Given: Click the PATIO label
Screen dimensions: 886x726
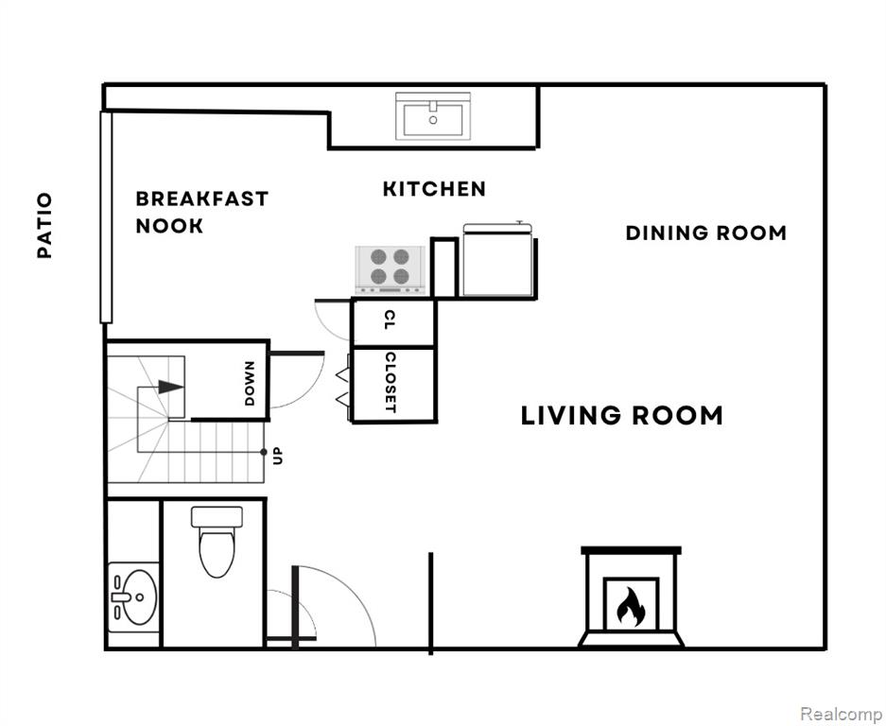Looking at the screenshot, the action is click(44, 225).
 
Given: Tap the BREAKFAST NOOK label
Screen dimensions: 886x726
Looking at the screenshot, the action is click(201, 213).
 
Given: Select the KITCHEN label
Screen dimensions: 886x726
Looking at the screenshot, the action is click(434, 189).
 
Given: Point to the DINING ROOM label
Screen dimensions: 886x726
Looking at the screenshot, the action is click(705, 233).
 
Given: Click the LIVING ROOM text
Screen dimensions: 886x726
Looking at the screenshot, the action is click(621, 416).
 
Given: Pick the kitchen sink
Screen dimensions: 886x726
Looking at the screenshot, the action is click(433, 116).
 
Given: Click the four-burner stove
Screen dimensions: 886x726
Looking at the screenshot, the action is click(390, 270).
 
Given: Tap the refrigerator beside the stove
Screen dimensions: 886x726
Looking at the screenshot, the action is click(497, 260).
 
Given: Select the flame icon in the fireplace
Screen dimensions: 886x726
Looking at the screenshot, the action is click(631, 606).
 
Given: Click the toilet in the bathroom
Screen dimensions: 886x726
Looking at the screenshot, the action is click(217, 542).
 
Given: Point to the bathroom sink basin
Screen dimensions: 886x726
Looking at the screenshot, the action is click(138, 597).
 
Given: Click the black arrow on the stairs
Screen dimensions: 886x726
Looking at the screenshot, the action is click(170, 387).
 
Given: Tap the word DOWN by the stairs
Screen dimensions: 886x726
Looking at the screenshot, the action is click(250, 384).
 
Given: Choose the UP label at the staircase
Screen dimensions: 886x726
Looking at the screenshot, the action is click(277, 456).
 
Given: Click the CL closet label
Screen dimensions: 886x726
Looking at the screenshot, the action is click(390, 320).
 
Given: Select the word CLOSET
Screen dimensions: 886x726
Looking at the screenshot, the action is click(391, 383).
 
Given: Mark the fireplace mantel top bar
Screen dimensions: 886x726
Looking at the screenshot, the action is click(631, 550).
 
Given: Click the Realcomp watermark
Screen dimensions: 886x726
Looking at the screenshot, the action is click(842, 713).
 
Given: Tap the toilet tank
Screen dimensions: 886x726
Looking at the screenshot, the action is click(217, 516).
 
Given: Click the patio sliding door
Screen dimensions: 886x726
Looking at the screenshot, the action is click(106, 217).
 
